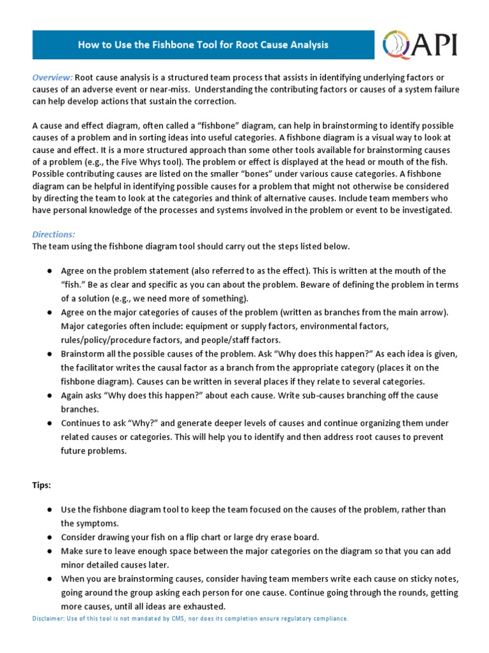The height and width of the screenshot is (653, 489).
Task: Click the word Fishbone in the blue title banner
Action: point(164,45)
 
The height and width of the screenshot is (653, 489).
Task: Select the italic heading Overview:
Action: point(53,77)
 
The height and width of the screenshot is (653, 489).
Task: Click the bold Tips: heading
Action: point(42,485)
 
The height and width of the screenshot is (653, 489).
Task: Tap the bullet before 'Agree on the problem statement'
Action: point(49,271)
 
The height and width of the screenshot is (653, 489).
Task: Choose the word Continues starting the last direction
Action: point(81,423)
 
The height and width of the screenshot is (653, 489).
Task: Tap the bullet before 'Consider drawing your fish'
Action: point(49,537)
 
